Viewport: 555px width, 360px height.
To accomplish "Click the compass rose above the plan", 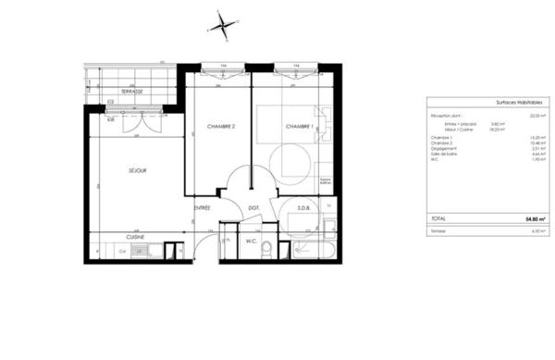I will [x=222, y=23].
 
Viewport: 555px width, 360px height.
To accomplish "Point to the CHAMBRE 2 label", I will [x=221, y=127].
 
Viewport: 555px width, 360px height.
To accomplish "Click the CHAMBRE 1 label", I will [x=299, y=127].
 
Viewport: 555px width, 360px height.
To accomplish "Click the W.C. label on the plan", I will [x=250, y=242].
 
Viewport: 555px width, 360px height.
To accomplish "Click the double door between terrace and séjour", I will [x=135, y=120].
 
